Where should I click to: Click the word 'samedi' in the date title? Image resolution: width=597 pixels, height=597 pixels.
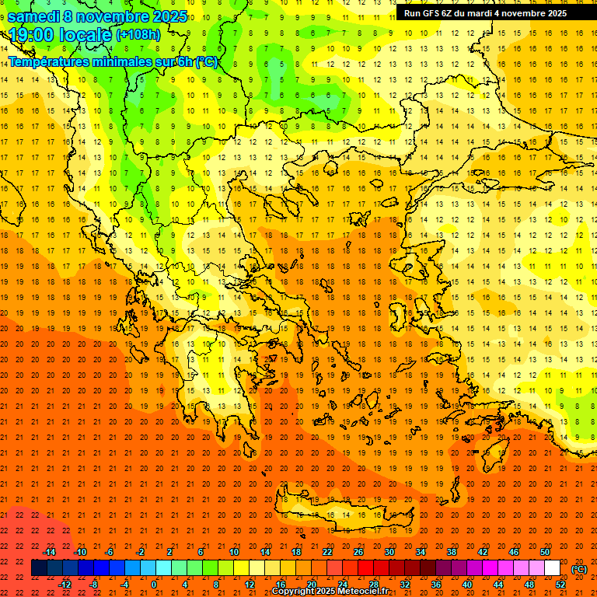click(35, 16)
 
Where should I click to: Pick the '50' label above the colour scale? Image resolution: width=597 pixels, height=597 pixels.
click(545, 552)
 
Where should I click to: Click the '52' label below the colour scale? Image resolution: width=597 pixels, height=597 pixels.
click(560, 585)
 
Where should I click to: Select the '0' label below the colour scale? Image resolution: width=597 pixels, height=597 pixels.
click(154, 585)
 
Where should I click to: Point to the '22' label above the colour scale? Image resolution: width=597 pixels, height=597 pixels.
click(327, 552)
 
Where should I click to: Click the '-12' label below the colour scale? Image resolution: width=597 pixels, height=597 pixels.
click(65, 585)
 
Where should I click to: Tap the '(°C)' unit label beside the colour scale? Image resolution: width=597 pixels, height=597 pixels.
click(579, 569)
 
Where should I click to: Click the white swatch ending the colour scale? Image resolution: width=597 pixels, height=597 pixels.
click(553, 568)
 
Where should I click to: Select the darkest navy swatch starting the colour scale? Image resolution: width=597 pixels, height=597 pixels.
click(40, 568)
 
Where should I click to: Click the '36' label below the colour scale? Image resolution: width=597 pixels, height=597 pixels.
click(435, 585)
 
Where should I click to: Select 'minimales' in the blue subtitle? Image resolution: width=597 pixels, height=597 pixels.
click(127, 62)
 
